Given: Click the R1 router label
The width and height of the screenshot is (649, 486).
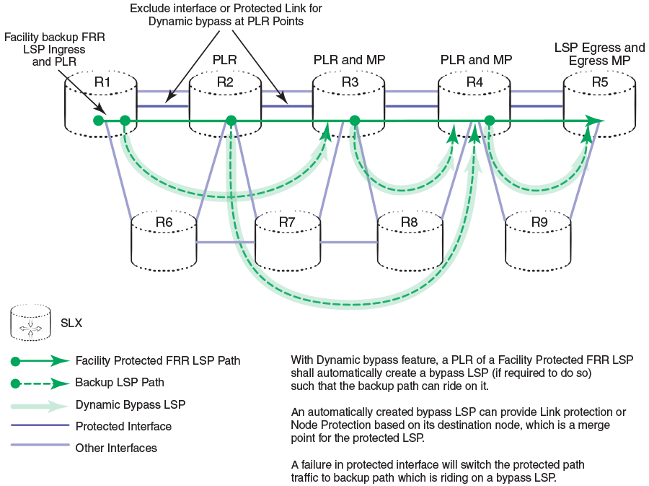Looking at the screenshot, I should tap(102, 82).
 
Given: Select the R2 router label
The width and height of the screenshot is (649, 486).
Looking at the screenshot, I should tap(225, 82).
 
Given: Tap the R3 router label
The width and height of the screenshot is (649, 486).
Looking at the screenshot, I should tap(350, 82).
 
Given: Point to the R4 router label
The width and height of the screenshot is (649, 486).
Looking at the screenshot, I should tap(474, 82).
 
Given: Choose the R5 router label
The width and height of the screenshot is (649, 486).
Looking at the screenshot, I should tap(600, 82).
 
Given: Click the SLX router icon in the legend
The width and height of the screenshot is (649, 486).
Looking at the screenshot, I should tap(30, 322).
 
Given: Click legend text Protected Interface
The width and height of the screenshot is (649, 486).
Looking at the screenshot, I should tap(123, 426).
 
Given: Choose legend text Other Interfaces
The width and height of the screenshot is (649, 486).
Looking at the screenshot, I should tap(116, 448).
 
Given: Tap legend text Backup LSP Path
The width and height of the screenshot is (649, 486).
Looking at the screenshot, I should tap(120, 382).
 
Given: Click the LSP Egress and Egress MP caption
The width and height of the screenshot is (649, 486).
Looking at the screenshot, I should tap(599, 54).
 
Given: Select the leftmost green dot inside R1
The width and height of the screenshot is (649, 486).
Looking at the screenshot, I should tap(98, 121).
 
